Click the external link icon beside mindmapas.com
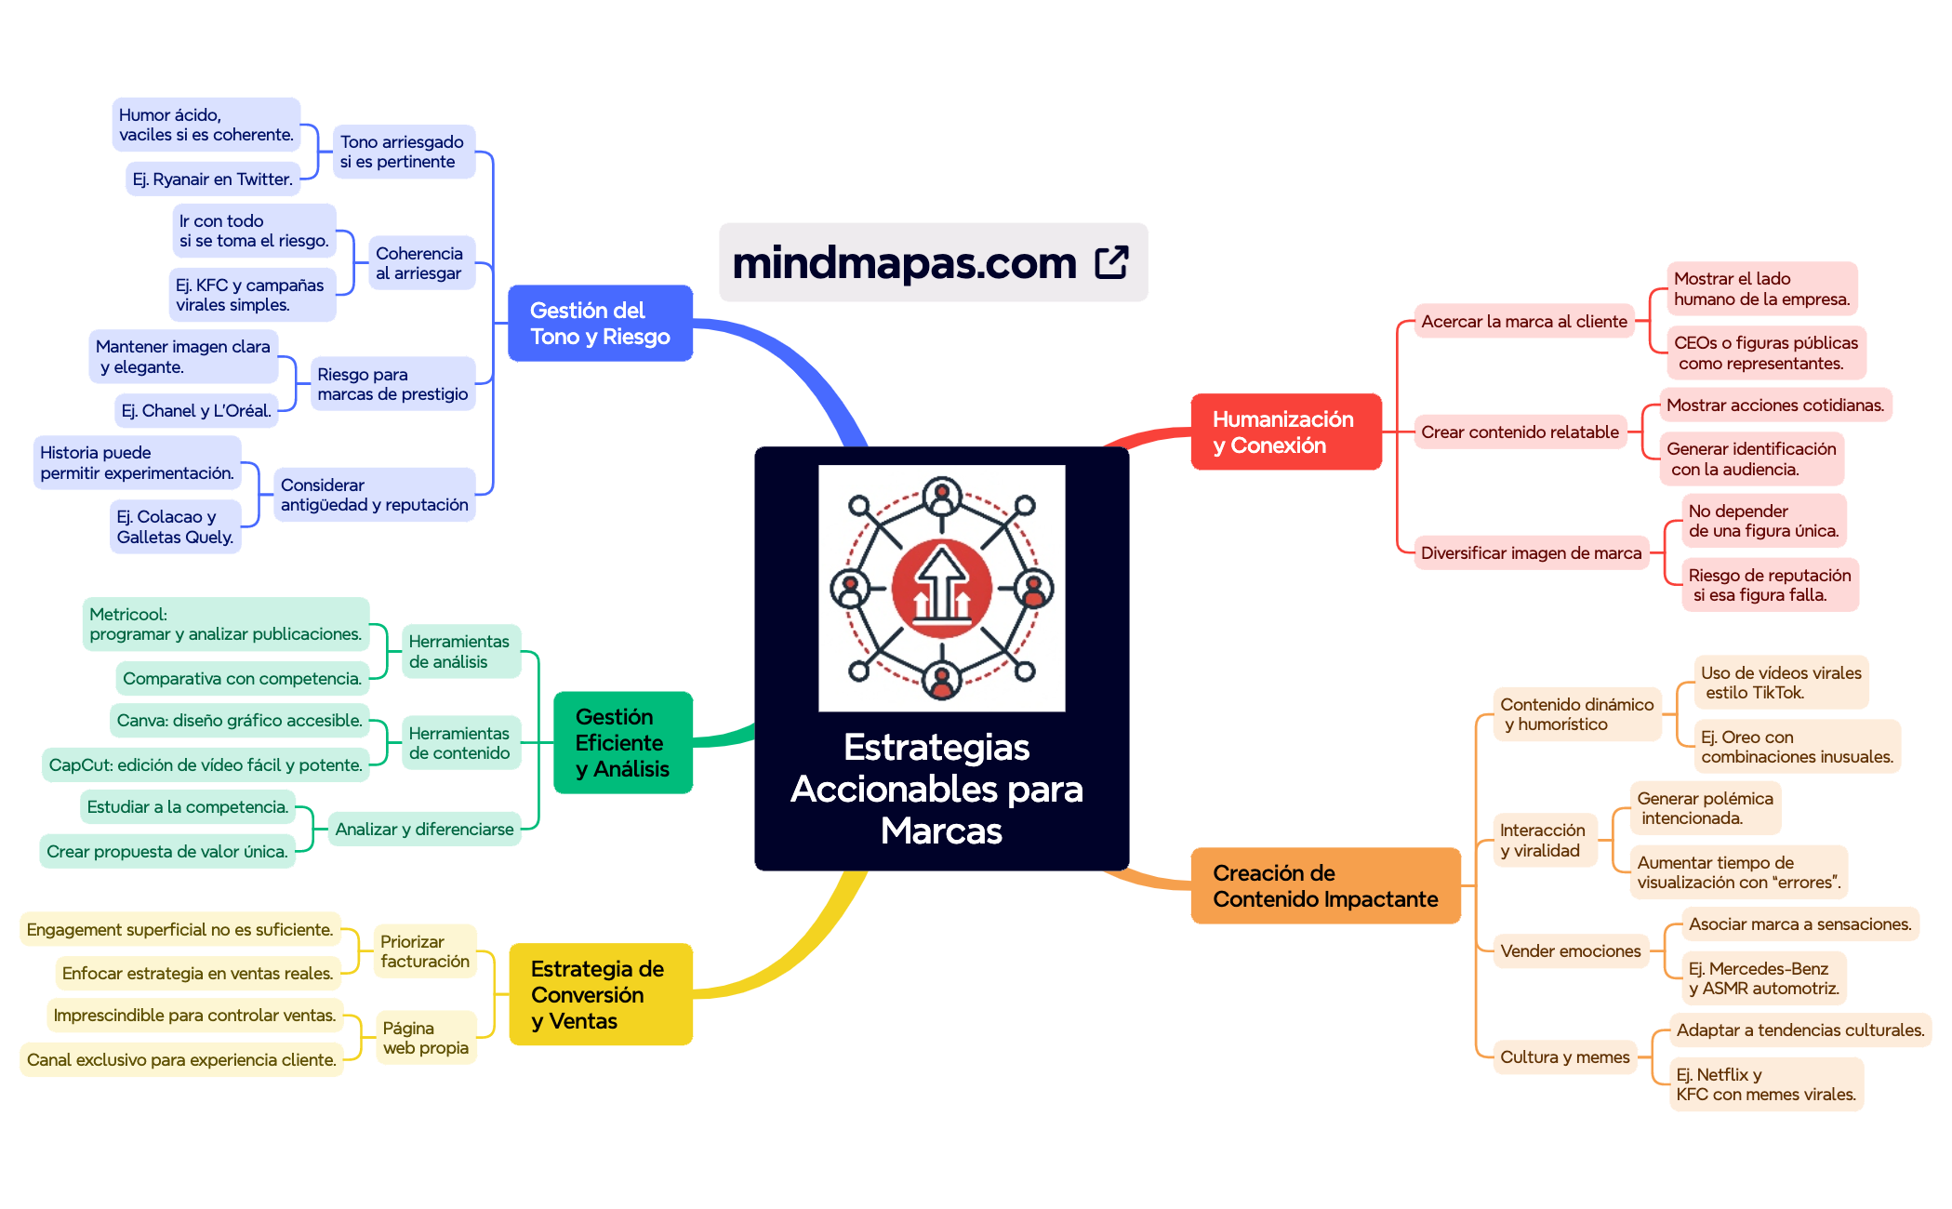point(1111,262)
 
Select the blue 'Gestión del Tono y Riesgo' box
point(600,324)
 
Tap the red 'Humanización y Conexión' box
point(1285,432)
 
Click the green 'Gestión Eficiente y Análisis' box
point(622,743)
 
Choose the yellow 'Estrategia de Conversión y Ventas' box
point(600,995)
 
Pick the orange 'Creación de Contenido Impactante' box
point(1324,886)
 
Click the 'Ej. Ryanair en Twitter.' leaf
point(212,179)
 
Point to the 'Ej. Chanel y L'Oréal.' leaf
point(196,411)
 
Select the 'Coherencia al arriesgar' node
point(419,263)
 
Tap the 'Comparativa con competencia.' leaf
point(242,679)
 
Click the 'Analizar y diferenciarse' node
point(424,830)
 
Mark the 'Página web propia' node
point(426,1038)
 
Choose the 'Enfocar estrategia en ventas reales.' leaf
point(197,974)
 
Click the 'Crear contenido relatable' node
point(1520,432)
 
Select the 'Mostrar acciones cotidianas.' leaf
point(1774,405)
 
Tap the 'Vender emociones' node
point(1570,951)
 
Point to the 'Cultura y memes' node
point(1564,1057)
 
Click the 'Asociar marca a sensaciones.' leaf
point(1799,924)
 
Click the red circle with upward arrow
point(941,589)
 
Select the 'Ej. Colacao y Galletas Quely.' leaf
point(175,527)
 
